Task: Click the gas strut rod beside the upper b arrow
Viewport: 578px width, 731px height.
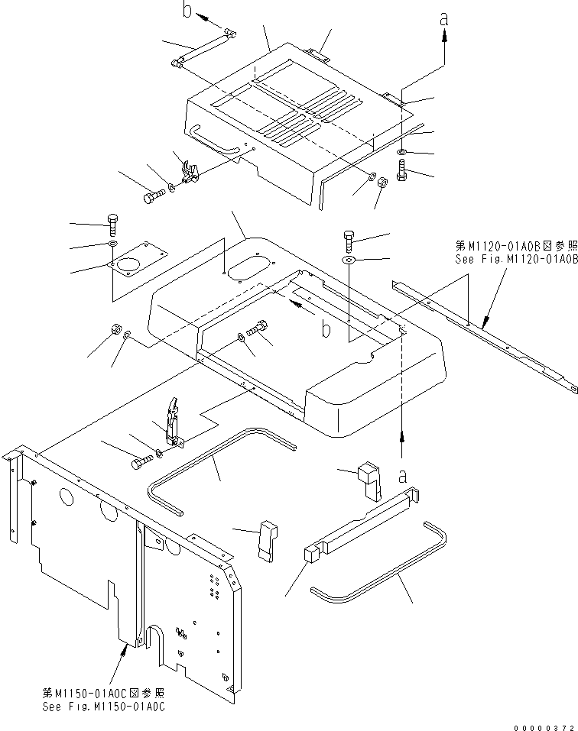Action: click(x=203, y=50)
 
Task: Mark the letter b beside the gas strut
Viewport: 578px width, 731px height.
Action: click(x=187, y=10)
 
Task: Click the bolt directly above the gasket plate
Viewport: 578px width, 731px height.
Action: click(x=112, y=222)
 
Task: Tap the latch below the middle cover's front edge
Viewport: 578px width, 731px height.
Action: click(x=174, y=423)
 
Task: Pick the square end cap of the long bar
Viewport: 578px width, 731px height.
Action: click(x=313, y=553)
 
